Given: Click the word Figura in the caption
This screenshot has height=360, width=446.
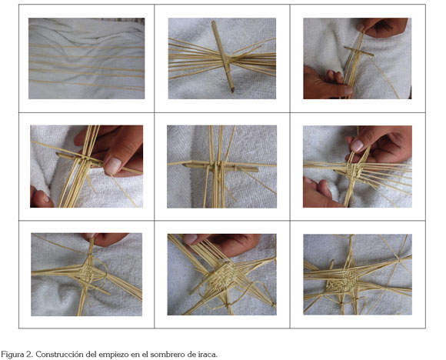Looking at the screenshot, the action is (x=12, y=355).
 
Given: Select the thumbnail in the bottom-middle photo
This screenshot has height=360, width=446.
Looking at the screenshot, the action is (x=190, y=238).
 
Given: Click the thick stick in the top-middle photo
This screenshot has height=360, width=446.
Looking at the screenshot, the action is (x=223, y=56).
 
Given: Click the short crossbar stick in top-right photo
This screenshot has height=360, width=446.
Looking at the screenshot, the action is (x=359, y=52).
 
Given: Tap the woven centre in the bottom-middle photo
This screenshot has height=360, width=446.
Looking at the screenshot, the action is (x=225, y=275).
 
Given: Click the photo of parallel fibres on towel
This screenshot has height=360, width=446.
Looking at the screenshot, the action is (x=86, y=58).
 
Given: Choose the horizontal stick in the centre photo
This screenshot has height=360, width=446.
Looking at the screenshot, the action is (x=221, y=167).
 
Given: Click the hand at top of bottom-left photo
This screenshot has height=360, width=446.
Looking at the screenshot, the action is (x=105, y=239).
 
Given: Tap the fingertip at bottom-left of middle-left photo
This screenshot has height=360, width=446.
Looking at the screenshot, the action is (x=42, y=198).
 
